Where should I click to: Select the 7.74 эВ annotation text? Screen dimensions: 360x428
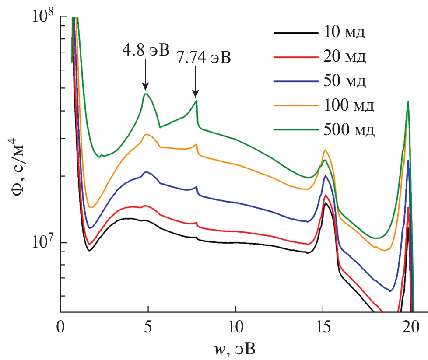(x=203, y=57)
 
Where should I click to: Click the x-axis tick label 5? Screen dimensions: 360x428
(x=148, y=328)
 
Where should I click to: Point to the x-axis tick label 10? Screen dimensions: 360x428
(x=235, y=328)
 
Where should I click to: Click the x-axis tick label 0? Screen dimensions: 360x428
(x=61, y=328)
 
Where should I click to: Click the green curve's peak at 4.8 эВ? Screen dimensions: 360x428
(x=146, y=94)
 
